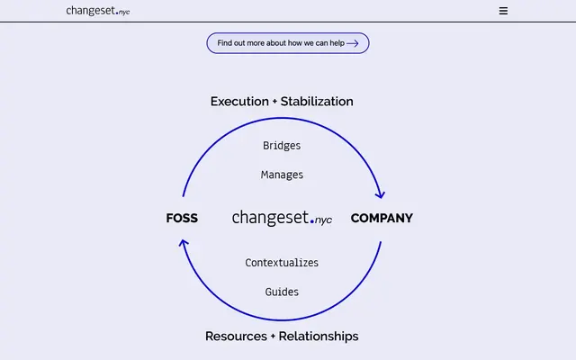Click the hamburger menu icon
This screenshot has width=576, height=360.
503,11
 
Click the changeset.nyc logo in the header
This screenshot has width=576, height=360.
98,11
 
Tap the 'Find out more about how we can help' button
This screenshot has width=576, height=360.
288,43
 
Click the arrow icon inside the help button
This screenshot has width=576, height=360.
352,44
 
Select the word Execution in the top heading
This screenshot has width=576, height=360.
239,102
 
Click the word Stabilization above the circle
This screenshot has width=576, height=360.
317,102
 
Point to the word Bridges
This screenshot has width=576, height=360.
282,146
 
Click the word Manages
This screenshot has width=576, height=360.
282,175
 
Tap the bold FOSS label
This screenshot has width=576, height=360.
182,218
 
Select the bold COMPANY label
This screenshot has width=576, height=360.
382,218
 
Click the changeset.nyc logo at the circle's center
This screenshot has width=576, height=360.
282,218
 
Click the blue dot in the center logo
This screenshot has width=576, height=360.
312,221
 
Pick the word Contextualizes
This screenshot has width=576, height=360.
282,263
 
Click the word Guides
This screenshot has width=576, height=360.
282,292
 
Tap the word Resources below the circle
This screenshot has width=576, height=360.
236,337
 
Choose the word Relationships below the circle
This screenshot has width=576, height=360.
319,337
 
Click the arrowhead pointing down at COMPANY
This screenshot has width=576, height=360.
380,194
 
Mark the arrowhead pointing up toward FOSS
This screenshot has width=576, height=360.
184,244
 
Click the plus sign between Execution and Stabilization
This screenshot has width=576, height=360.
274,102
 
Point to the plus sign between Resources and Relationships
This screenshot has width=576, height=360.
273,337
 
